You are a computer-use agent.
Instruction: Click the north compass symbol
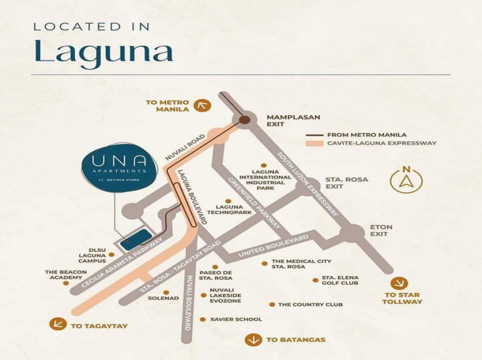pyautogui.click(x=406, y=180)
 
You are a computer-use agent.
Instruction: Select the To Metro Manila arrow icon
pyautogui.click(x=202, y=105)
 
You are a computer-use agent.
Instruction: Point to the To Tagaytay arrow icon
pyautogui.click(x=57, y=324)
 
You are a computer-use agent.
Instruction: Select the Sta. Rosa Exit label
pyautogui.click(x=346, y=182)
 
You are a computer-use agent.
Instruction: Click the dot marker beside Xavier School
pyautogui.click(x=202, y=320)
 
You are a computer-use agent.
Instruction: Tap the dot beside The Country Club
pyautogui.click(x=272, y=304)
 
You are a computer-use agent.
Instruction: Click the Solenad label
pyautogui.click(x=163, y=298)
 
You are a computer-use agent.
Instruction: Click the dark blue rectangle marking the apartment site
pyautogui.click(x=135, y=237)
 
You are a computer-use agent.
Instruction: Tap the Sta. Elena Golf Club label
pyautogui.click(x=340, y=280)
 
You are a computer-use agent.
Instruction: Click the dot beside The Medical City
pyautogui.click(x=264, y=263)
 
